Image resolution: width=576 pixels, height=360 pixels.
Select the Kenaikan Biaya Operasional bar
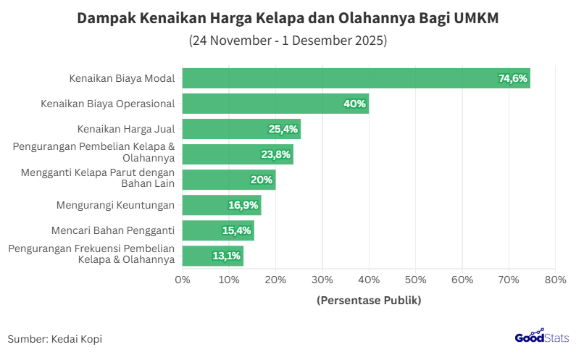click(275, 104)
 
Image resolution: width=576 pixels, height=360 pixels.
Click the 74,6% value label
click(513, 78)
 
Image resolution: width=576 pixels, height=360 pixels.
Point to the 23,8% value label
click(276, 154)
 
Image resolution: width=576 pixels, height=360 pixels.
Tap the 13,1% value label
click(226, 256)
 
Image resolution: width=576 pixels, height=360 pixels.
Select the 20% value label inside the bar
click(262, 180)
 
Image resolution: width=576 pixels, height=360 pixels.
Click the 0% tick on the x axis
click(183, 280)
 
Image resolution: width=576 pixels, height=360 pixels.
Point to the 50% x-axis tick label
click(415, 280)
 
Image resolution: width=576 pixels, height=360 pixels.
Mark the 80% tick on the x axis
click(555, 280)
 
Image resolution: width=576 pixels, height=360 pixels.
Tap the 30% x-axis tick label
click(322, 280)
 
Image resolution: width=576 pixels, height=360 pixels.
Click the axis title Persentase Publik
click(369, 300)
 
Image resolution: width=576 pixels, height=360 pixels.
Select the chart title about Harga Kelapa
click(288, 18)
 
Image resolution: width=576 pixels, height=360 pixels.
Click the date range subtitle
click(288, 41)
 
